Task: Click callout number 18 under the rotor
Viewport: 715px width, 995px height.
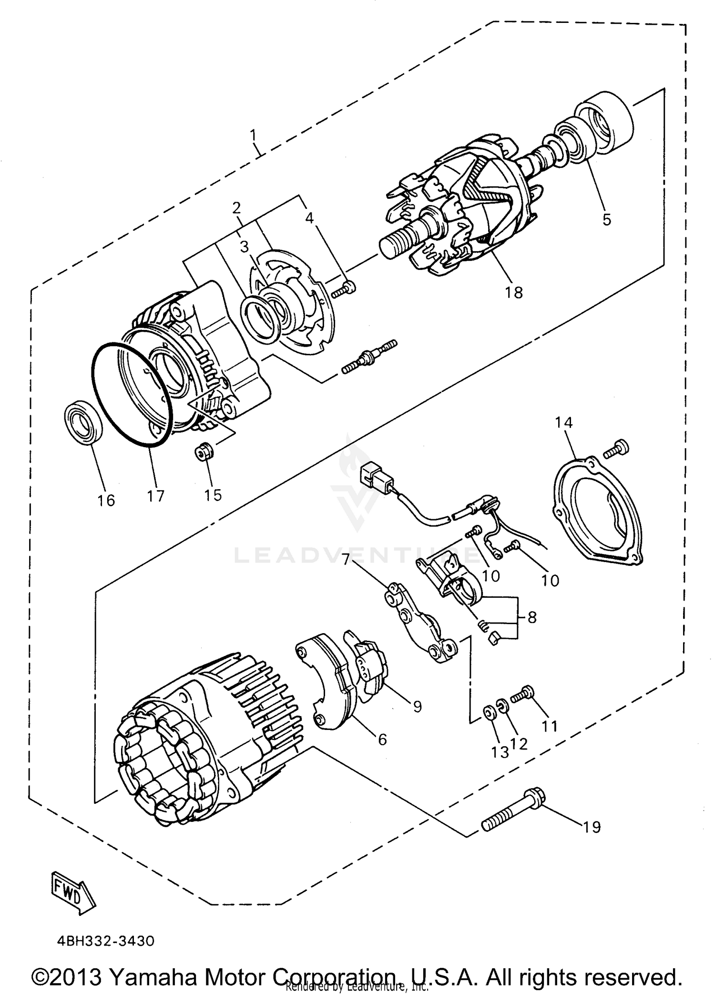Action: (514, 292)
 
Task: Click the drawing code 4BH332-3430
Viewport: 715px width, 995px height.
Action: (105, 941)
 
